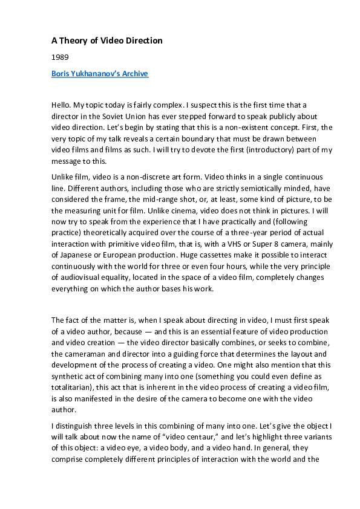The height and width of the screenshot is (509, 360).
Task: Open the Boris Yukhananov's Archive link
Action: coord(100,74)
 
